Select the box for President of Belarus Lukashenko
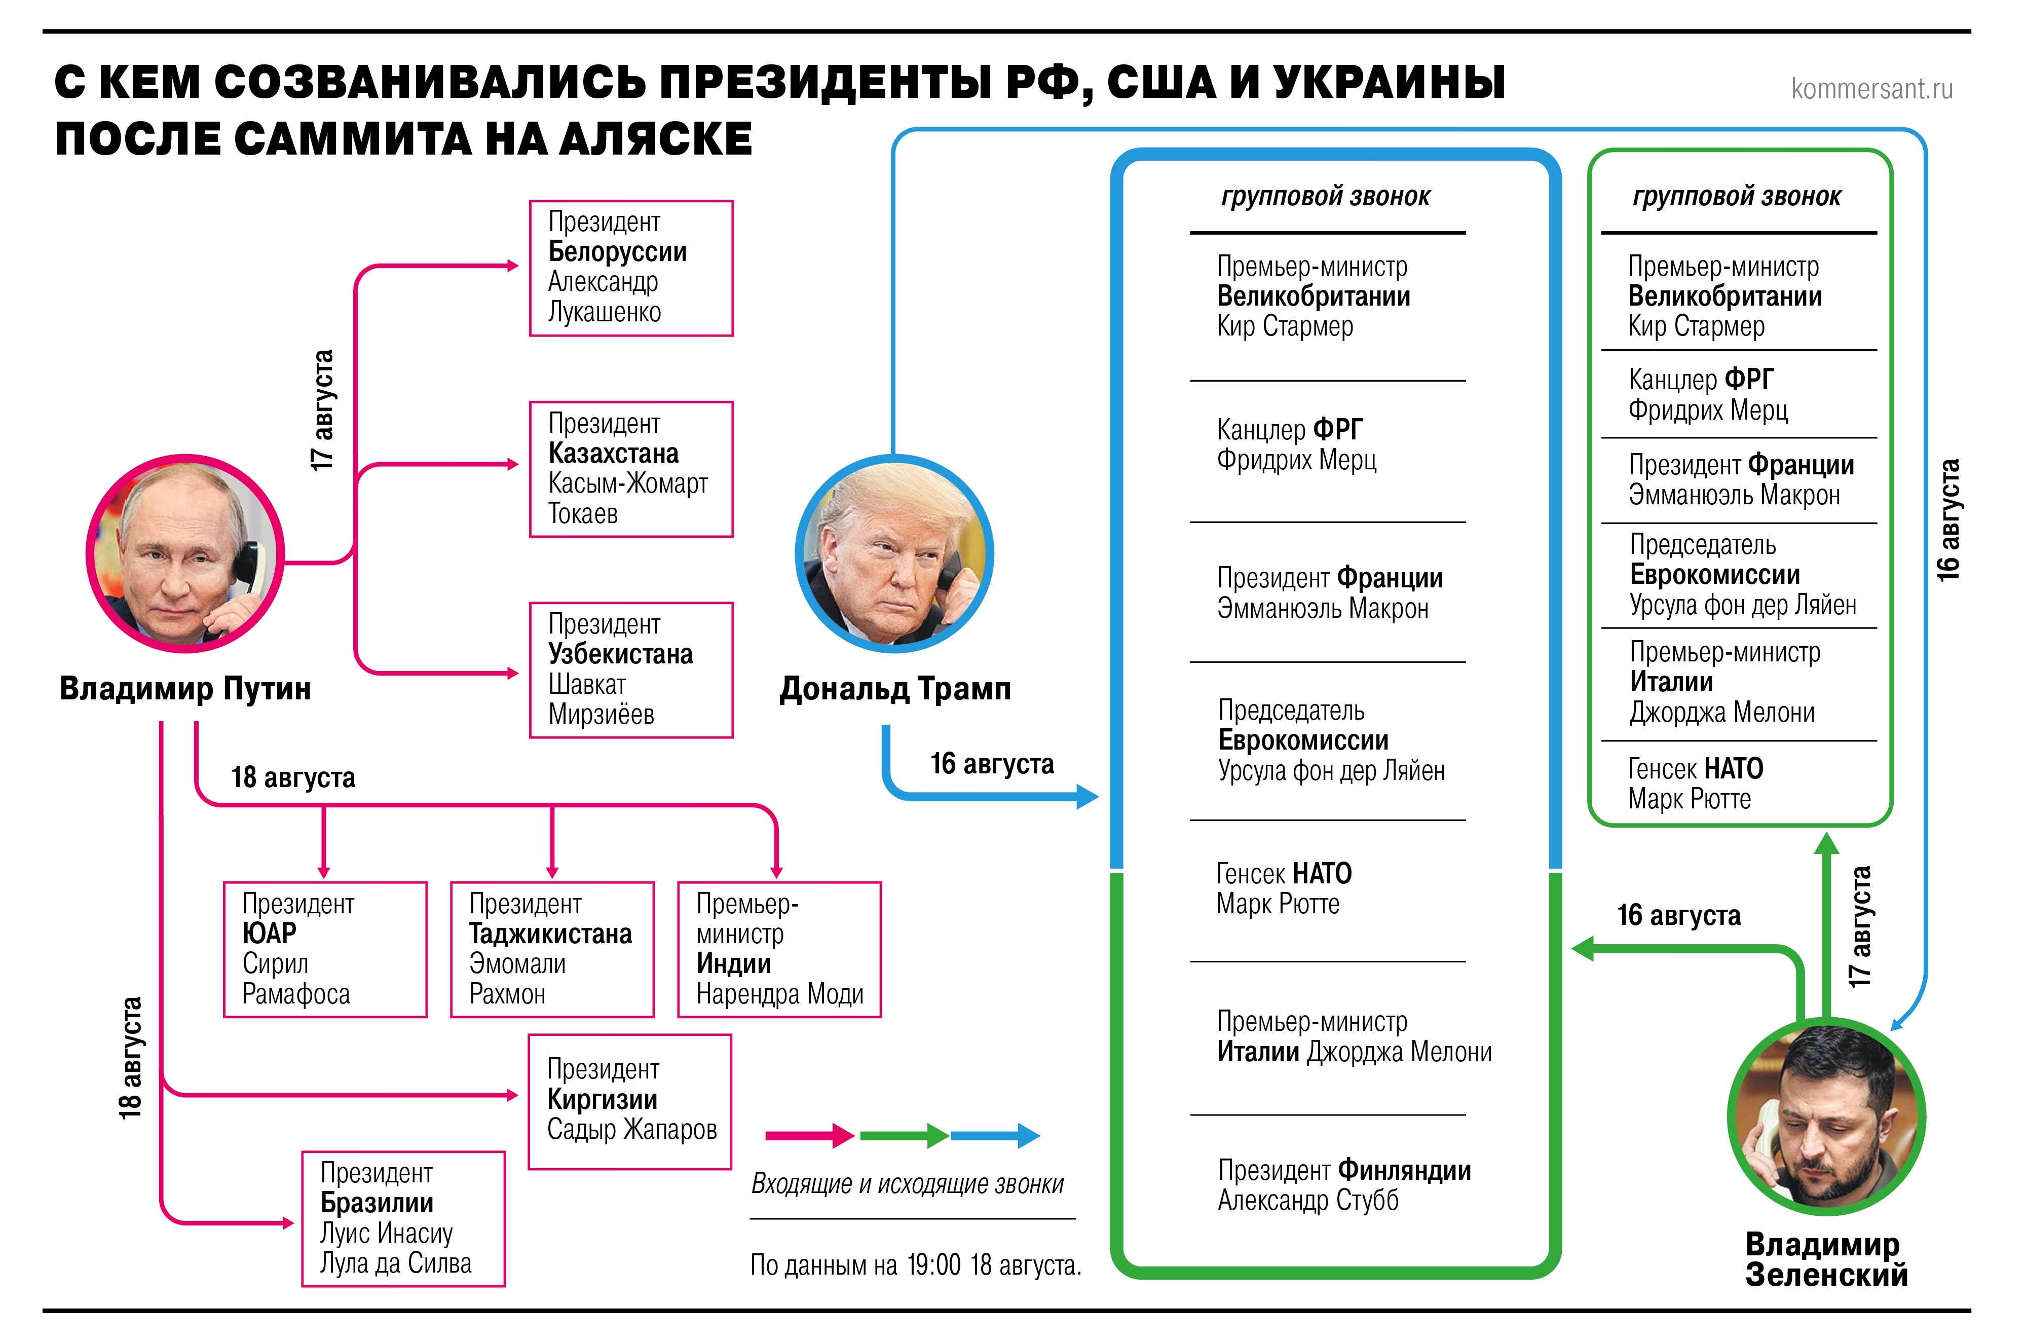(631, 268)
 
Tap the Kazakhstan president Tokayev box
(631, 469)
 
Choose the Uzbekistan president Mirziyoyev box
(631, 669)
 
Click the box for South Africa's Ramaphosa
(325, 949)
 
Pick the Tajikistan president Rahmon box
(552, 949)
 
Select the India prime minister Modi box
(779, 949)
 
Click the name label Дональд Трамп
(894, 688)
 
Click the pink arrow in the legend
(809, 1136)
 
